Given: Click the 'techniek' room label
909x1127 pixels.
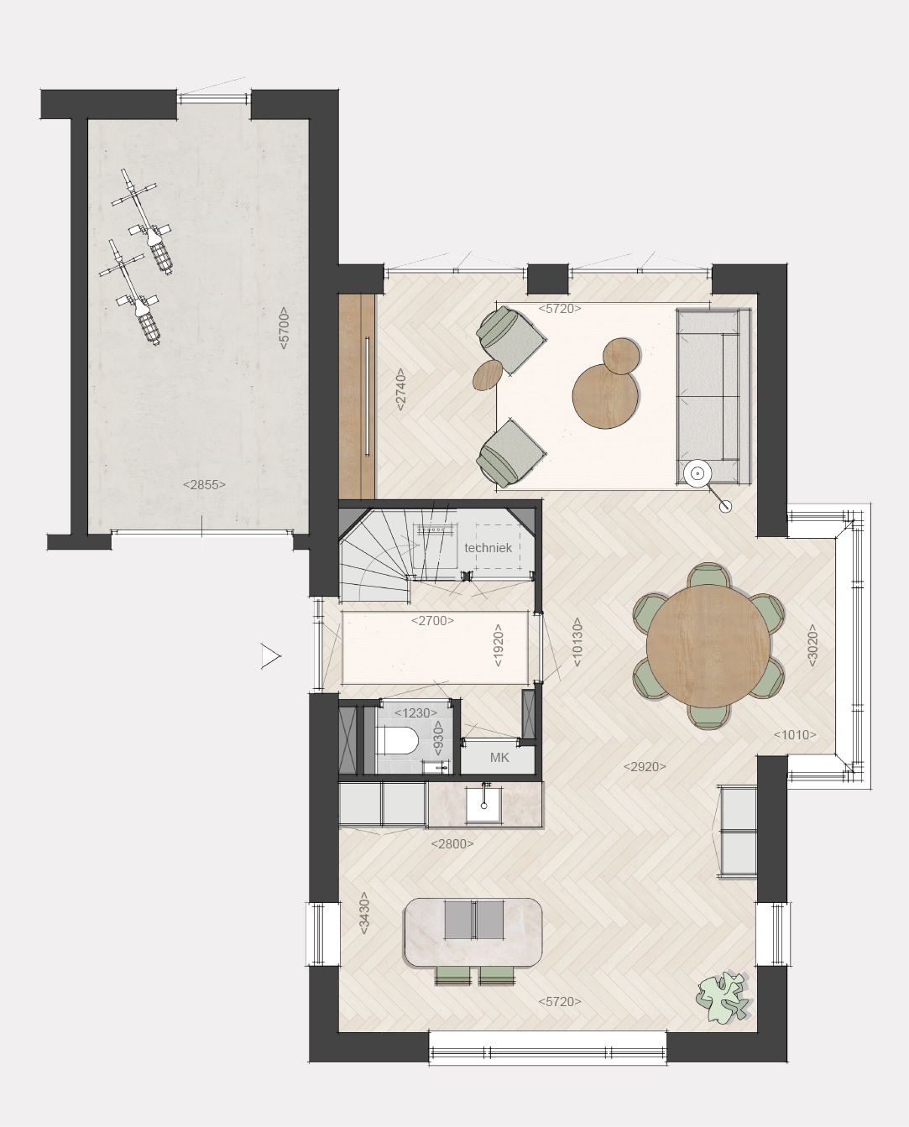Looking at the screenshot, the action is (488, 548).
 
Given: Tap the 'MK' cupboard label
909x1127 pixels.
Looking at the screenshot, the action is (499, 758).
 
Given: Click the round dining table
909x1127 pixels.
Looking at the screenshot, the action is (709, 645).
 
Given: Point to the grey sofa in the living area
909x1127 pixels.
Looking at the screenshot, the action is (713, 394).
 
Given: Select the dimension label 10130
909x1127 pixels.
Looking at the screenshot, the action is (577, 643).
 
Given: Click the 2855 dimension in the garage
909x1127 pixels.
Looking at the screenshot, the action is (204, 484).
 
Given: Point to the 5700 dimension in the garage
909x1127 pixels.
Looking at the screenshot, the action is (284, 328).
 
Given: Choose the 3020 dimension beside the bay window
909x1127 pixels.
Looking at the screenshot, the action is (812, 645).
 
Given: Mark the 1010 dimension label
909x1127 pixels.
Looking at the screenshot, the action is (795, 735).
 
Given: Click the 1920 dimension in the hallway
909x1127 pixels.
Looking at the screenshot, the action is (499, 645).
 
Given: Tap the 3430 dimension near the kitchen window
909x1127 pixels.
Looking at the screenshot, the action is (364, 914).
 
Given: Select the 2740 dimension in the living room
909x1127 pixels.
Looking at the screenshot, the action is (401, 389).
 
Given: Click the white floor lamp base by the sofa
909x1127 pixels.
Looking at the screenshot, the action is (697, 473).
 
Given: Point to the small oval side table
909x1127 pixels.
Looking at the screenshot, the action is (488, 375).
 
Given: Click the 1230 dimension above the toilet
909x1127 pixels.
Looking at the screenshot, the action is (415, 712).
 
